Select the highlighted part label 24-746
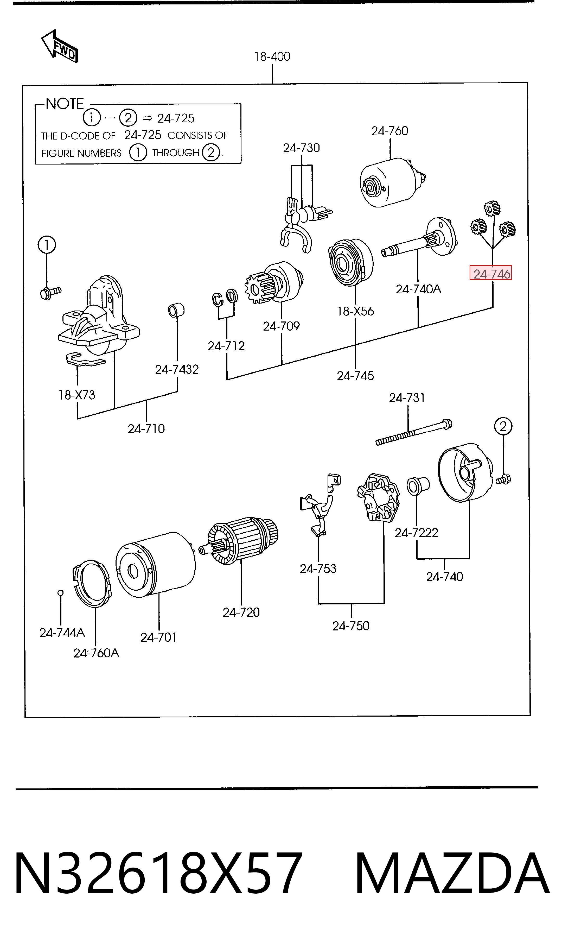click(491, 273)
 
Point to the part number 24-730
click(302, 148)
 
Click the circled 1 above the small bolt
click(47, 245)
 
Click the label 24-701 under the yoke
click(159, 637)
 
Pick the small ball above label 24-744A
click(60, 593)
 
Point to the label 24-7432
click(177, 369)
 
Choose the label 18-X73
click(76, 395)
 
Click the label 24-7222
click(416, 533)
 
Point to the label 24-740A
click(418, 289)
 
